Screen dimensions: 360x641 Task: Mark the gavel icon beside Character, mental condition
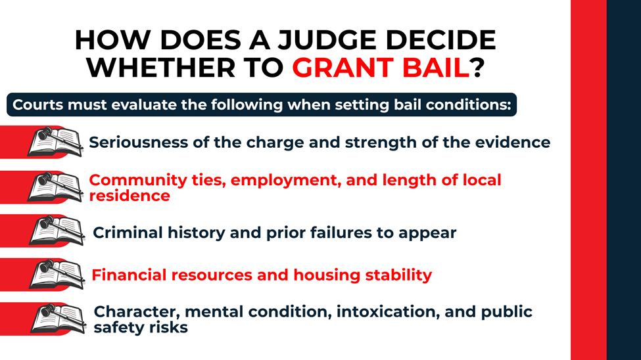57,319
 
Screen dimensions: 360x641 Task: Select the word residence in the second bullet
130,196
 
